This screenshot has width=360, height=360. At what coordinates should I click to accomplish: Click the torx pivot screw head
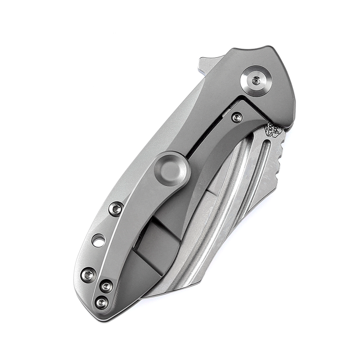256,80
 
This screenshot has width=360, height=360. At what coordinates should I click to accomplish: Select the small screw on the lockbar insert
237,117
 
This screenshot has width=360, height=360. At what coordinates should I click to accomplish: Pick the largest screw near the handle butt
88,274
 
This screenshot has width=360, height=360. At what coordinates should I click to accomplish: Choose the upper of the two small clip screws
106,285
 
